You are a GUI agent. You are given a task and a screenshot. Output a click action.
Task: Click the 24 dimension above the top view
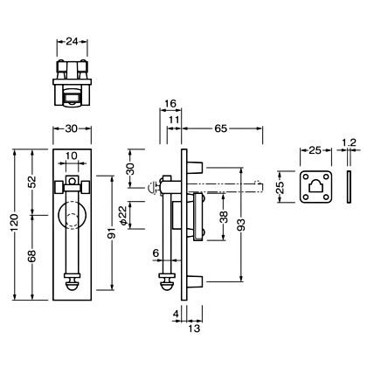(x=72, y=41)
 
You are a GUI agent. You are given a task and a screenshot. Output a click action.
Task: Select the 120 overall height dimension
(x=15, y=225)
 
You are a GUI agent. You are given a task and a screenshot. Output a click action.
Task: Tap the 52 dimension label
(x=32, y=182)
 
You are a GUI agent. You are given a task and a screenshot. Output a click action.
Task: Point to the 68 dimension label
(x=32, y=256)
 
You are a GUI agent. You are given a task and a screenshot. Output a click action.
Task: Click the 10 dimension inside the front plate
(x=72, y=156)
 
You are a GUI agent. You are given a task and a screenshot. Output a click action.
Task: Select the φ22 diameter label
(x=123, y=216)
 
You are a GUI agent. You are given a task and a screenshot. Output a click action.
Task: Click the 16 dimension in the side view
(x=170, y=104)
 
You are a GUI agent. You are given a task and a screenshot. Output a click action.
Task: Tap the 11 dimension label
(x=174, y=120)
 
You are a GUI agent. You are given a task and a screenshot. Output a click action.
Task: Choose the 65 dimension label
(x=221, y=128)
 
